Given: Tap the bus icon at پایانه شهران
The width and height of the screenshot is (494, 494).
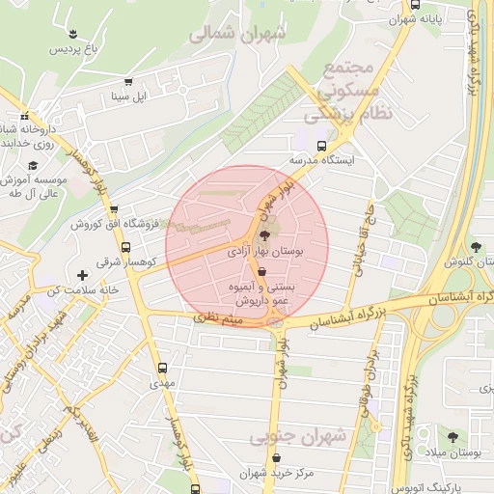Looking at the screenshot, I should [x=415, y=5].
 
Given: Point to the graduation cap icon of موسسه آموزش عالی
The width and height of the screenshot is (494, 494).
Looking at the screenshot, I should [x=32, y=166].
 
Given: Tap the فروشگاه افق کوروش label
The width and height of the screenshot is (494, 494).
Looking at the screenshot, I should [x=107, y=224].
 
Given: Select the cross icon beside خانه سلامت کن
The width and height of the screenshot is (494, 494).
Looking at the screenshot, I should [x=83, y=276].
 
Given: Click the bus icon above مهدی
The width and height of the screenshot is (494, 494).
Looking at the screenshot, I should [x=161, y=367].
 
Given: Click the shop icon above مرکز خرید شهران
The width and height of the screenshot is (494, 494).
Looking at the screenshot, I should [x=279, y=457].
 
